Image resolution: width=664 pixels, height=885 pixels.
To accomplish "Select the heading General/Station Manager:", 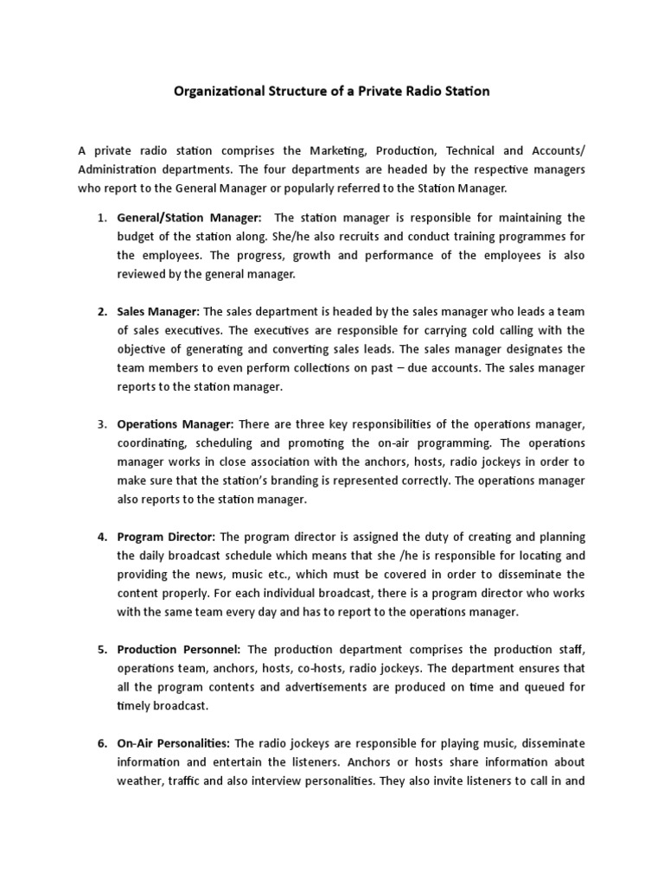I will pyautogui.click(x=189, y=217).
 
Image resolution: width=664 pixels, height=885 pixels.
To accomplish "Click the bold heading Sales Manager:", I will pyautogui.click(x=158, y=311).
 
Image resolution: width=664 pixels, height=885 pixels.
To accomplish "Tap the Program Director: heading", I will pyautogui.click(x=168, y=537).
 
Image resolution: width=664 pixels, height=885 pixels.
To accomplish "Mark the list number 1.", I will pyautogui.click(x=101, y=217).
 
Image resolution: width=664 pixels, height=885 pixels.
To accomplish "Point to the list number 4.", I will pyautogui.click(x=101, y=537).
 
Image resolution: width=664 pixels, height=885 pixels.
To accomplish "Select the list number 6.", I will pyautogui.click(x=101, y=743).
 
